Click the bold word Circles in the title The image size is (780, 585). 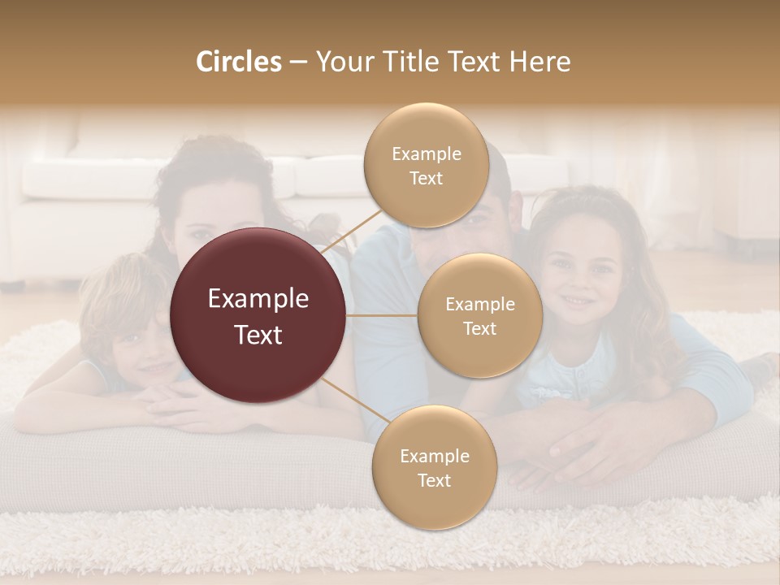click(x=239, y=62)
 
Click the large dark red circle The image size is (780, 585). click(x=258, y=315)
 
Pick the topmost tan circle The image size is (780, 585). click(x=427, y=166)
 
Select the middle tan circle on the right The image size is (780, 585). click(x=479, y=316)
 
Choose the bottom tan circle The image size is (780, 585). click(x=434, y=468)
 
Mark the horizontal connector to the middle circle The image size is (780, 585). click(x=382, y=315)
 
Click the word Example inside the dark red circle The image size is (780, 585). click(x=258, y=299)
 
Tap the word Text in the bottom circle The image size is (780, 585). click(x=434, y=480)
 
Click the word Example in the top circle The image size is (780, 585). click(x=427, y=154)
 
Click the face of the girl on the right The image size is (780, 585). click(x=579, y=280)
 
